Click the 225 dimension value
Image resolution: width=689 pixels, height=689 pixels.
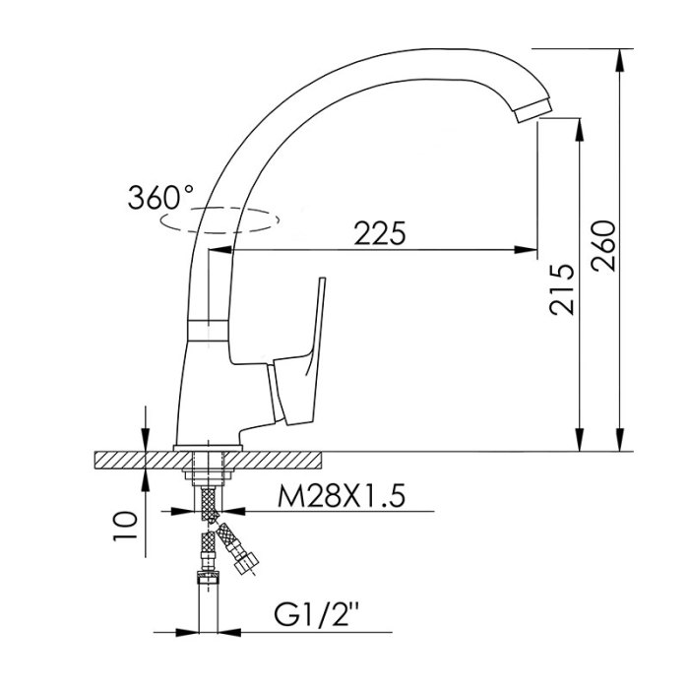[380, 233]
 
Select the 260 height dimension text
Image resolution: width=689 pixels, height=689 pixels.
[603, 246]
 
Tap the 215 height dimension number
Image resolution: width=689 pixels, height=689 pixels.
[562, 289]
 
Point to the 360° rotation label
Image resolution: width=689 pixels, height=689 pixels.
[160, 197]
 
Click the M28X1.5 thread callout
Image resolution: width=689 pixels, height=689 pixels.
[341, 496]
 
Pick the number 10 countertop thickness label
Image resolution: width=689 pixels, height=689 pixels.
[126, 526]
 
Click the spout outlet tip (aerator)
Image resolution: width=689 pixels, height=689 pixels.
[533, 110]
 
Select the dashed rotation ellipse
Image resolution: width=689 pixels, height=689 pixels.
[219, 219]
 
